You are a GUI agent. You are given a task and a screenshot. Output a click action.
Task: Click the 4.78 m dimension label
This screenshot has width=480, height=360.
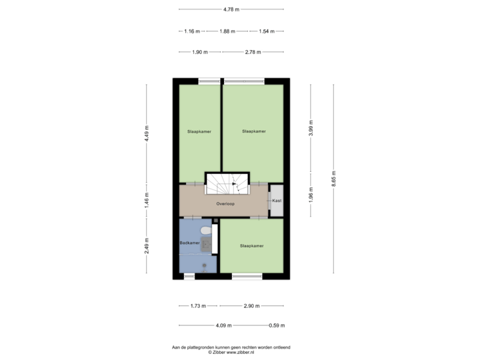[231, 9]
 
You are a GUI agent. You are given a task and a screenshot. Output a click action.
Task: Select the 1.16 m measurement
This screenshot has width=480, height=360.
[192, 31]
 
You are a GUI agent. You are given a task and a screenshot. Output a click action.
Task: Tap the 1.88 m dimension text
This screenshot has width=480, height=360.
[227, 31]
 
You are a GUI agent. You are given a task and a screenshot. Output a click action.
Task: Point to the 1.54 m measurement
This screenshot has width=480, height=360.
[267, 31]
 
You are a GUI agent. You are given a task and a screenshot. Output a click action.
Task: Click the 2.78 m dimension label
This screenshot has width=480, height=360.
[253, 52]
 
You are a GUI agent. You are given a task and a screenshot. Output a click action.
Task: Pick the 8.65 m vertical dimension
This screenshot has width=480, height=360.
[334, 179]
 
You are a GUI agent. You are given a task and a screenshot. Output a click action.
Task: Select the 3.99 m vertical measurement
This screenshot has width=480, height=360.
[311, 128]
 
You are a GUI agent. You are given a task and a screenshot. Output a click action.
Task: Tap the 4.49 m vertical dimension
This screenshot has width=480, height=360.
[147, 133]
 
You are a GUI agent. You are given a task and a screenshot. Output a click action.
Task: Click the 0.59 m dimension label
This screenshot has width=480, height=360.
[277, 325]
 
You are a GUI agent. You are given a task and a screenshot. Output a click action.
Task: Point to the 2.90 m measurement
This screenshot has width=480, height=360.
[251, 306]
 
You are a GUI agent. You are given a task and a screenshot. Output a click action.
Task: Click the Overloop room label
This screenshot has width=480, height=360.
[225, 203]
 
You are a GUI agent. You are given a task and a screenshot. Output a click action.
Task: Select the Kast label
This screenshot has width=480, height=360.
[277, 201]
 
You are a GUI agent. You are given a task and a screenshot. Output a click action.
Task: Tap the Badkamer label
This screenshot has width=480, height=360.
[189, 243]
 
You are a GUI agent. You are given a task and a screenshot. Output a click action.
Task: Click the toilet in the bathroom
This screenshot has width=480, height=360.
[206, 230]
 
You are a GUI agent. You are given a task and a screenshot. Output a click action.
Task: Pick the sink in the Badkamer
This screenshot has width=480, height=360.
[206, 245]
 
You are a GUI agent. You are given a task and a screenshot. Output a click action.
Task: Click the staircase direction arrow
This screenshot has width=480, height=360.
[234, 184]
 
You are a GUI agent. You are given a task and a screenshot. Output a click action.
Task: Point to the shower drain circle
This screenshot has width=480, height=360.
[204, 265]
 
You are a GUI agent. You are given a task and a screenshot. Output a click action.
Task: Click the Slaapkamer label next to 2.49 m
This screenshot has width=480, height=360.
[251, 246]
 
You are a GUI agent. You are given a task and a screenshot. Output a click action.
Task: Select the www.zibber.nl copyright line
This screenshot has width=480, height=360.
[231, 353]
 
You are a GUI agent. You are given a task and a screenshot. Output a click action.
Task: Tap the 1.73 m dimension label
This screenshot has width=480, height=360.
[198, 306]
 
